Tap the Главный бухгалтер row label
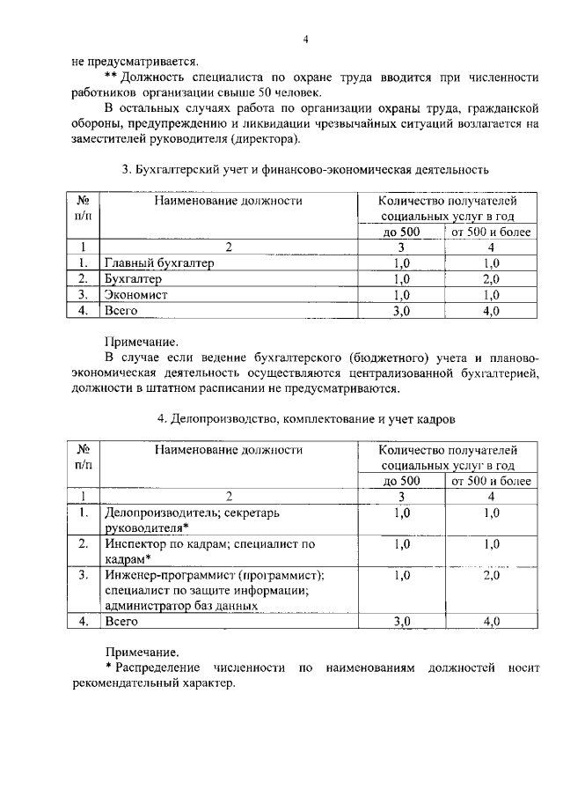(x=159, y=262)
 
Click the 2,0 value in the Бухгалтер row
(x=491, y=279)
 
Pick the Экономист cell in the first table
(x=136, y=295)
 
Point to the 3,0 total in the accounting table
(x=402, y=311)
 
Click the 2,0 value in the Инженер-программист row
(x=491, y=576)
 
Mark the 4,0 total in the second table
(x=491, y=622)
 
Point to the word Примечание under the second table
(x=141, y=653)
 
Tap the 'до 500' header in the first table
(x=402, y=232)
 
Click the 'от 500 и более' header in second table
(x=491, y=481)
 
